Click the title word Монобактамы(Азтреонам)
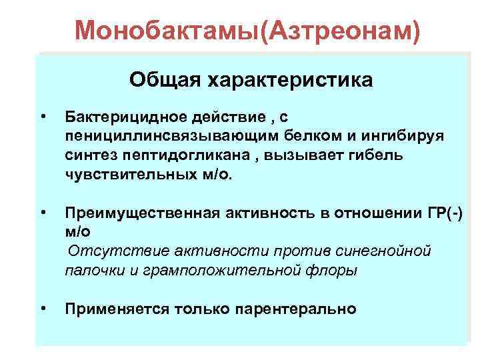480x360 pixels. (x=248, y=29)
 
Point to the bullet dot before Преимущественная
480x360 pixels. (x=43, y=213)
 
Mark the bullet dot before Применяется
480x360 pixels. (x=43, y=308)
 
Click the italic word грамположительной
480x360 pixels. (x=219, y=271)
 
